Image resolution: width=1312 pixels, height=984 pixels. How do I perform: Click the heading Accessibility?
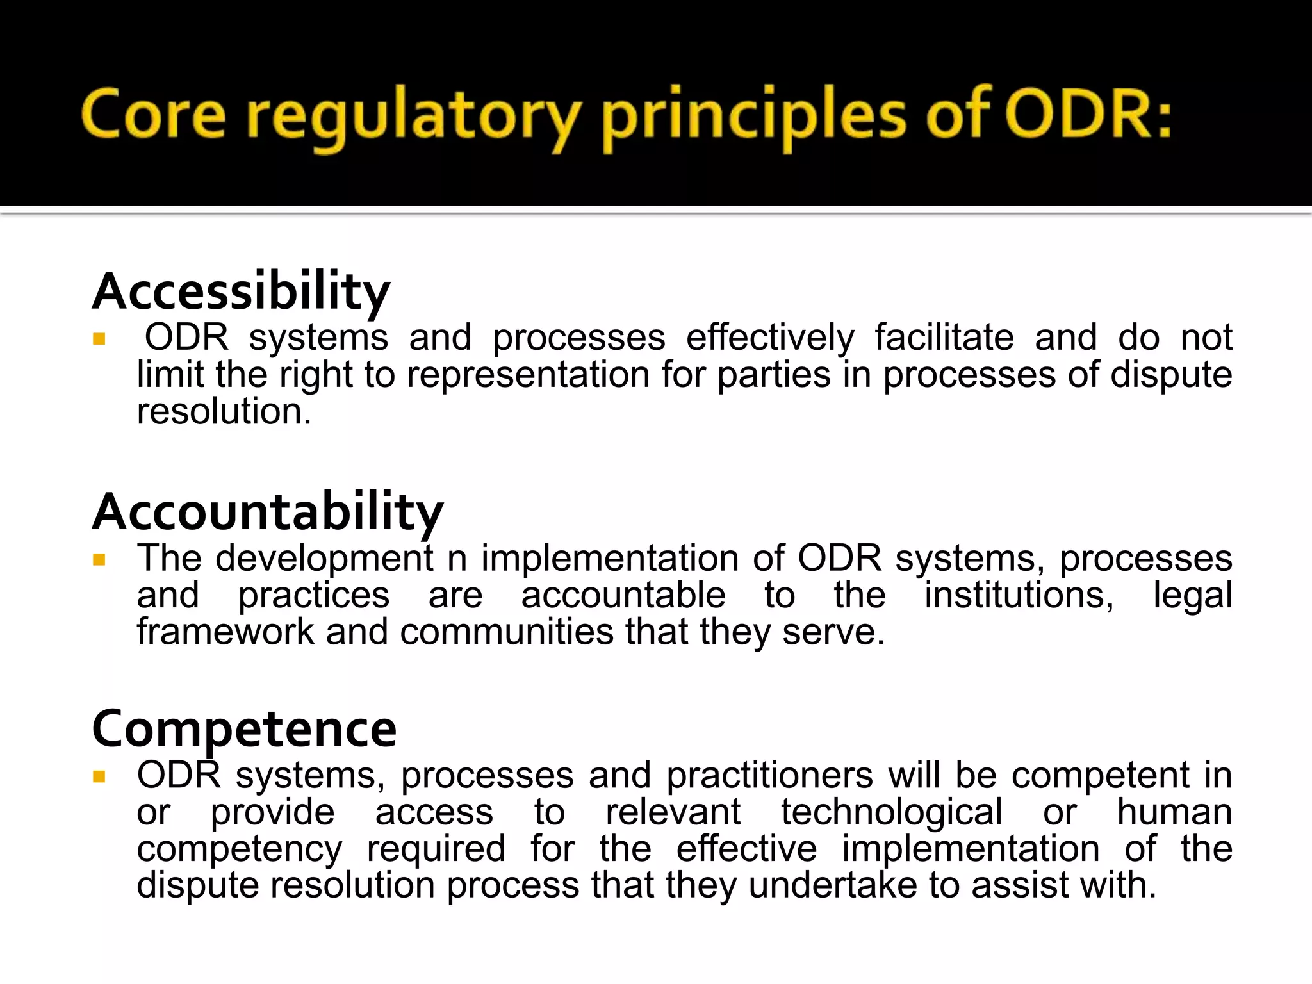(x=241, y=291)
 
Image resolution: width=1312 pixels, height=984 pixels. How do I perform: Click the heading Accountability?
(x=268, y=512)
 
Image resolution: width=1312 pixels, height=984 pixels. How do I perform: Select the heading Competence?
(x=244, y=729)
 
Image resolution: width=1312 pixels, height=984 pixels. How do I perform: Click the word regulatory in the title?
(x=414, y=119)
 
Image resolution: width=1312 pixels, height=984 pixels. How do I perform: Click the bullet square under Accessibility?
(x=99, y=339)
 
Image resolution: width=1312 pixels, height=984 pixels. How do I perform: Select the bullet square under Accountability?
(x=99, y=560)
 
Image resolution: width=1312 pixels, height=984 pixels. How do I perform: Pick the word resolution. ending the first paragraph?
(x=224, y=411)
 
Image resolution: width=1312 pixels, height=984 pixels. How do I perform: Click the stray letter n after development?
(x=457, y=559)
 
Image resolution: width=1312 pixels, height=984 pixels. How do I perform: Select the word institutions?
(x=1019, y=595)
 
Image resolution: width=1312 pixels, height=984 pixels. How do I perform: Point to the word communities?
(x=507, y=632)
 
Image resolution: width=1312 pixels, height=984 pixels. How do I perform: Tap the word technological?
(x=891, y=812)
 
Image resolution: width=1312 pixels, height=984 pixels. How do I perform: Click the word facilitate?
(x=944, y=338)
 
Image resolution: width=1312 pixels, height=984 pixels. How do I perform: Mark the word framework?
(x=225, y=632)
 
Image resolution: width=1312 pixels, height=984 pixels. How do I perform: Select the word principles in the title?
(x=754, y=119)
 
